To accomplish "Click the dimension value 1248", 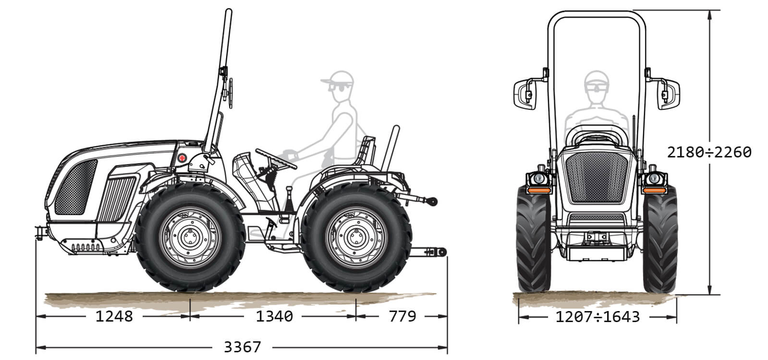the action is tap(114, 316).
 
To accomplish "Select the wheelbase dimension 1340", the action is tap(274, 316).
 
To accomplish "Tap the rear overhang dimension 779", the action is tap(402, 316).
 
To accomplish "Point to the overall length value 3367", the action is tap(243, 348).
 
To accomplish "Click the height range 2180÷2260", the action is tap(709, 153).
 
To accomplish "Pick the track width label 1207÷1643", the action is tap(597, 317).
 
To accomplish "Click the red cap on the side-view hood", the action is tap(183, 158).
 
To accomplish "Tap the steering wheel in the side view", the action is tap(276, 159).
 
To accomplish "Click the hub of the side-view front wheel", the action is tap(190, 237).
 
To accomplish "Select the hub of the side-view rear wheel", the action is tap(356, 237).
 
